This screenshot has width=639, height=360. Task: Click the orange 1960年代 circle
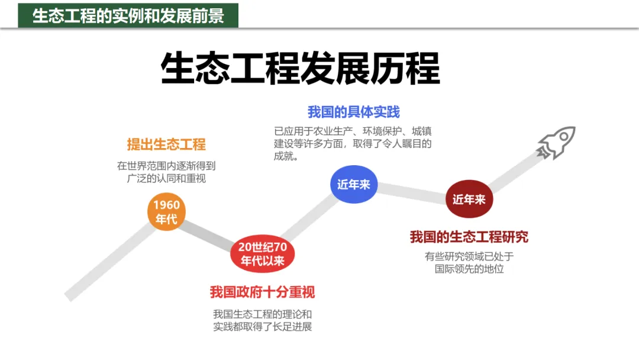pos(166,212)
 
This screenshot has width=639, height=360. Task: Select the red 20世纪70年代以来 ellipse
pos(262,254)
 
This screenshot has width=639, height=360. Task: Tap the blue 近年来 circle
pos(353,185)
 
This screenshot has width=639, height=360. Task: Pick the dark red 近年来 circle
pos(469,200)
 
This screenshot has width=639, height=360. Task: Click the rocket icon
pos(556,142)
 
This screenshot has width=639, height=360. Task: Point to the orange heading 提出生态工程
pos(166,144)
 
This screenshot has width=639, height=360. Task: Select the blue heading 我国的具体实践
pos(353,112)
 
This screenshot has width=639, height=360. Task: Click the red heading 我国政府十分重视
pos(262,292)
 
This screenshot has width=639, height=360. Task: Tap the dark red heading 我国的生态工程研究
pos(469,237)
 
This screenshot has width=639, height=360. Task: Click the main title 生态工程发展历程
pos(301,69)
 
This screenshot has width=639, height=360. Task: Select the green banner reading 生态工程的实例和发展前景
pos(128,16)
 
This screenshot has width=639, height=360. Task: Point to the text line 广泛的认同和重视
pos(166,178)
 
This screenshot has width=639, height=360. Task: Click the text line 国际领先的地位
pos(469,269)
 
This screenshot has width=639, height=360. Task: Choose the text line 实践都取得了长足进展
pos(262,327)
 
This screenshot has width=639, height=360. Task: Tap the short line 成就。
pos(285,157)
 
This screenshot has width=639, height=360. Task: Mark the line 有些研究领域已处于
pos(469,256)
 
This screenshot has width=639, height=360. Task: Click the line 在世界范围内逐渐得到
pos(166,166)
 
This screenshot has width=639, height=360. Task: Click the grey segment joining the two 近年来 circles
pos(411,192)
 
